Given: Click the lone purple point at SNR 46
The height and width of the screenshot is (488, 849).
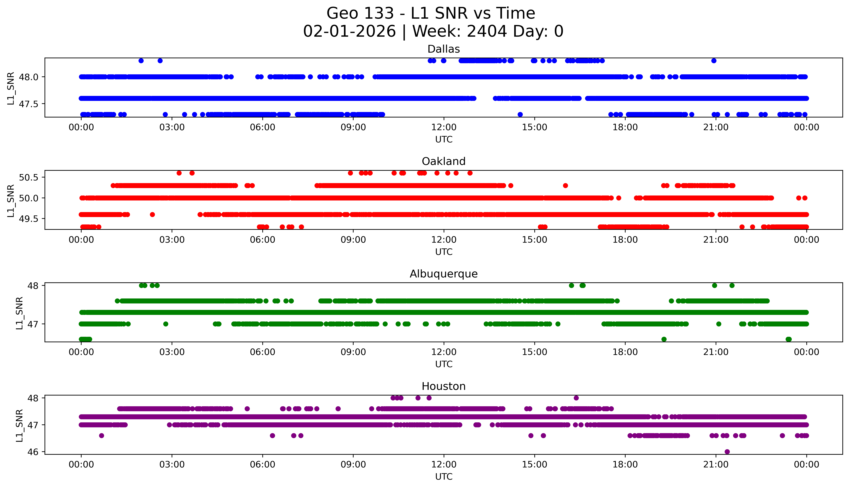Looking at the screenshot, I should pyautogui.click(x=727, y=451).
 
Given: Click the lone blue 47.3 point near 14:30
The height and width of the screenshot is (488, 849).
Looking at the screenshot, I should pyautogui.click(x=520, y=114).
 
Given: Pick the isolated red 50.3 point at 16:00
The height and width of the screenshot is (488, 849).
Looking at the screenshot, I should pyautogui.click(x=565, y=185).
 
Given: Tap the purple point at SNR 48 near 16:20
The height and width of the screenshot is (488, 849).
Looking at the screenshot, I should pyautogui.click(x=576, y=398).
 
